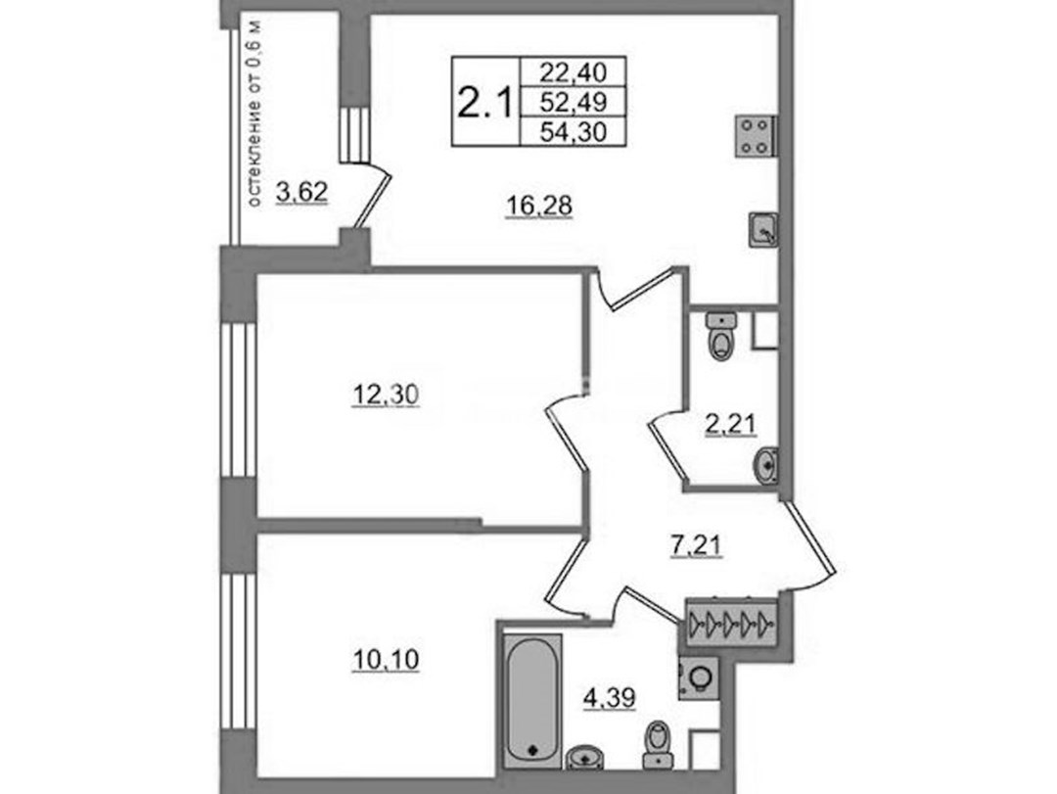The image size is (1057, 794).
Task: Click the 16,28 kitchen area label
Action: tap(538, 205)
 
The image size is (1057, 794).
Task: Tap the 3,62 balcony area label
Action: tap(302, 192)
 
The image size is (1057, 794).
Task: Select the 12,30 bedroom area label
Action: tap(386, 394)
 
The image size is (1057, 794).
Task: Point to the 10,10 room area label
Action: tap(386, 659)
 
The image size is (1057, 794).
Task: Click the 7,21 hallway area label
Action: tap(697, 545)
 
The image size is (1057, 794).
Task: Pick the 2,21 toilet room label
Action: tap(731, 424)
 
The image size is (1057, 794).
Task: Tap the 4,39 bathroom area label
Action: tap(610, 697)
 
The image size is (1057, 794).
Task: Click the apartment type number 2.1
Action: tap(485, 104)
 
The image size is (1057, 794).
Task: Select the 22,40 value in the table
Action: tap(574, 70)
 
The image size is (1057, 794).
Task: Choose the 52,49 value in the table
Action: tap(574, 102)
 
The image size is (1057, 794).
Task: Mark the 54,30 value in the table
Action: tap(574, 132)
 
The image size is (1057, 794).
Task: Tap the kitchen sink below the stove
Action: tap(763, 230)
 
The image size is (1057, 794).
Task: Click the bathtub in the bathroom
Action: tap(532, 700)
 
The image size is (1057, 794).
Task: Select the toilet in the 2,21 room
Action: tap(721, 335)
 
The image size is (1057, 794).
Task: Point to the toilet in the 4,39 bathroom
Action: tap(658, 745)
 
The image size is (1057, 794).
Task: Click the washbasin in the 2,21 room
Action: tap(765, 466)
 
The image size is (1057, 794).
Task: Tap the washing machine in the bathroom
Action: tap(699, 677)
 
